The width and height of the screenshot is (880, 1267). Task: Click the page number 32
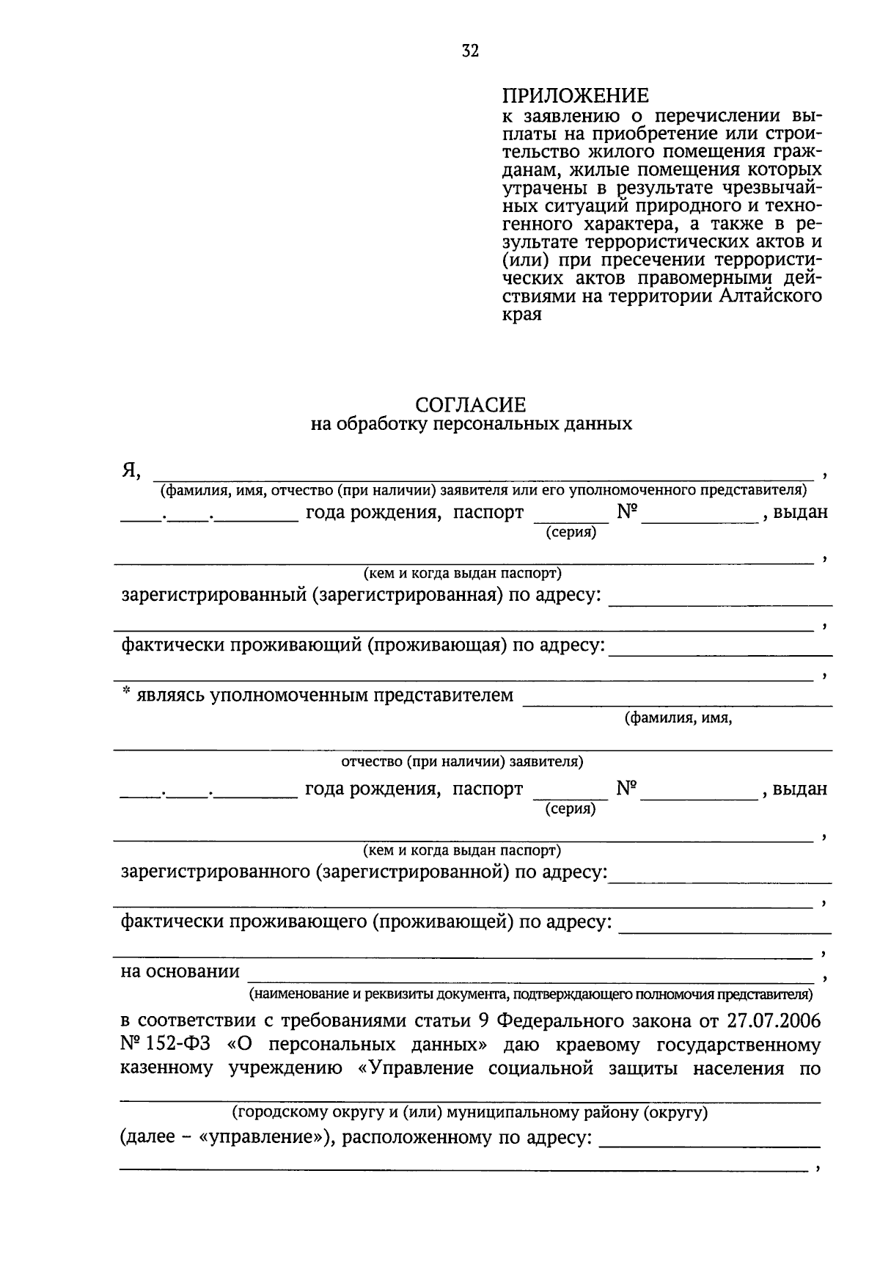coord(470,51)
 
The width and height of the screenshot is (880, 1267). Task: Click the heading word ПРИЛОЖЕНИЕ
coord(576,96)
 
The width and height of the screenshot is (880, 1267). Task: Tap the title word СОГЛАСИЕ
coord(471,405)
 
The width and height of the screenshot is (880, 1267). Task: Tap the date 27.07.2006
coord(774,1021)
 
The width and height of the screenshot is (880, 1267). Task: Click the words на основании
coord(180,972)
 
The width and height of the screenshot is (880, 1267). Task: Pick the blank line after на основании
coord(531,979)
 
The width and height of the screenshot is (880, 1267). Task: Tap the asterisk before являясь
coord(125,692)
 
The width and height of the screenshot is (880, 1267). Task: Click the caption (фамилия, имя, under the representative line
coord(678,718)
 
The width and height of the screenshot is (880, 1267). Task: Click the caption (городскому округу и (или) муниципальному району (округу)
coord(470,1112)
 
